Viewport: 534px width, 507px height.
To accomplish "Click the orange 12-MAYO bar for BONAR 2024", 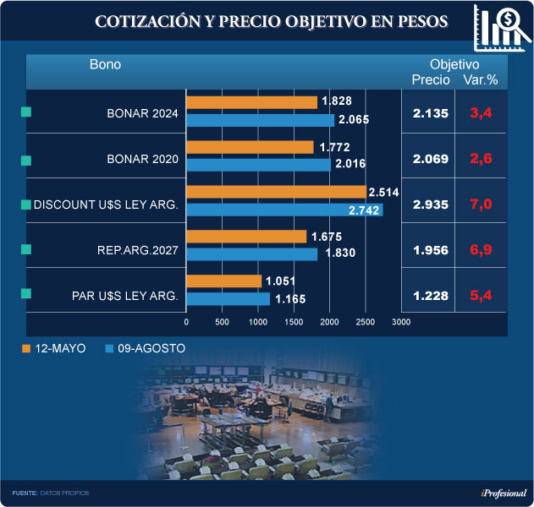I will click(x=251, y=102).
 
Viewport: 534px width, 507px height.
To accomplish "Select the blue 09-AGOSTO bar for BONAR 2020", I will click(x=258, y=165).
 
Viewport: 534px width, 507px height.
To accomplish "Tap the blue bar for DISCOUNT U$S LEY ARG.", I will click(x=284, y=210).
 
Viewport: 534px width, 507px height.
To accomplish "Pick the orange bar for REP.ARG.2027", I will click(x=246, y=236).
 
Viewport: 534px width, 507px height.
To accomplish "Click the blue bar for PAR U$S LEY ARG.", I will click(x=228, y=298).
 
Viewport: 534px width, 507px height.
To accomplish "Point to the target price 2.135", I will click(x=430, y=113).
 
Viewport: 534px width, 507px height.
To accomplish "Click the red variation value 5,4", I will click(x=482, y=294).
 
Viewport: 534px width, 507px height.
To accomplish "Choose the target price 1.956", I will click(x=430, y=249).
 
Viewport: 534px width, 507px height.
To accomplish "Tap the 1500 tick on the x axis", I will click(x=294, y=322).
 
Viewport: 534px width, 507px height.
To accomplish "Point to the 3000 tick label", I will click(x=401, y=322).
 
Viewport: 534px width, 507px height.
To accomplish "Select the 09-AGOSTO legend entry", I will click(x=145, y=348).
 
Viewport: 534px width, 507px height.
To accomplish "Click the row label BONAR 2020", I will click(x=142, y=159).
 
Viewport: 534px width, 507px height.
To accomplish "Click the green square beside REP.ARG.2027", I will click(x=25, y=248).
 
